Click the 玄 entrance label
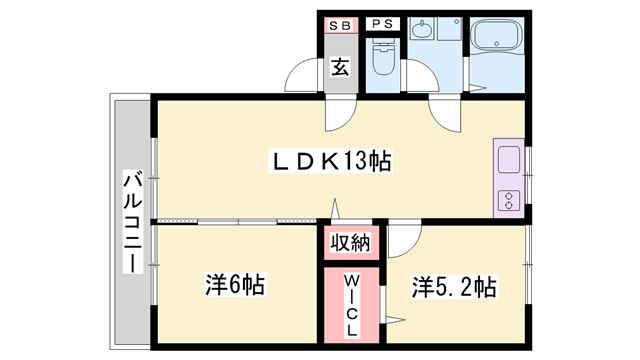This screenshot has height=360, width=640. [340, 69]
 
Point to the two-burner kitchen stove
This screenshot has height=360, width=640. [508, 198]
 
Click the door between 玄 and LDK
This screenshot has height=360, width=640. [339, 112]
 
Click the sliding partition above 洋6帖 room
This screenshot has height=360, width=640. [240, 219]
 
